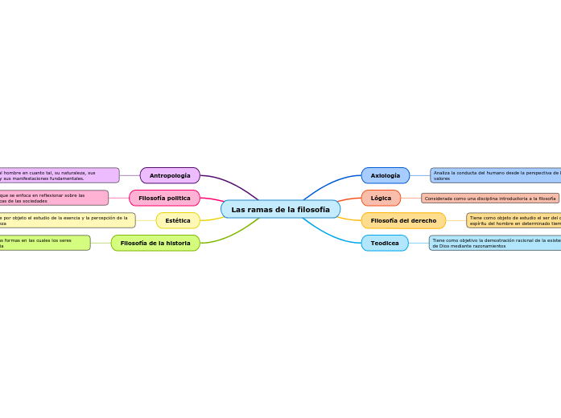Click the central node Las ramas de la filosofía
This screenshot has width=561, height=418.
pos(280,209)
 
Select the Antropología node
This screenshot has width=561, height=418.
pos(170,175)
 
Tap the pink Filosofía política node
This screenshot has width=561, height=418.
pos(164,198)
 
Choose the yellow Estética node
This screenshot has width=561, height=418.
pos(178,220)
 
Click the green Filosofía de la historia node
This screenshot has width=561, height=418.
pos(155,243)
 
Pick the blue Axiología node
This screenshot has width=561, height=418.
pos(385,175)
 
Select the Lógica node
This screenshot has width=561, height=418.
pos(381,198)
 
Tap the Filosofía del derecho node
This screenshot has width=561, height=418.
pos(403,220)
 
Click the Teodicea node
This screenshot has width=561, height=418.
pos(385,243)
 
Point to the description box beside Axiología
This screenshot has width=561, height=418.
pos(495,175)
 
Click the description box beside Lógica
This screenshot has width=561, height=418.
pos(490,198)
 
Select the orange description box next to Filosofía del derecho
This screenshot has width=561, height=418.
pos(514,220)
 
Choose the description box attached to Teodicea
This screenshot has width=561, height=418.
pos(494,243)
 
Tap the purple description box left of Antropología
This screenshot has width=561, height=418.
pos(59,175)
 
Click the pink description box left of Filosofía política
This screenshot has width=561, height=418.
pos(53,198)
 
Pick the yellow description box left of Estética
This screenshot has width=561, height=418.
pos(67,220)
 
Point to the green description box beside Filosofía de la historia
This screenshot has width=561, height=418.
pos(44,243)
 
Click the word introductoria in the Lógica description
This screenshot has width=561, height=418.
pos(509,199)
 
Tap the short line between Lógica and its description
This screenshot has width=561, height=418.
pos(410,198)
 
